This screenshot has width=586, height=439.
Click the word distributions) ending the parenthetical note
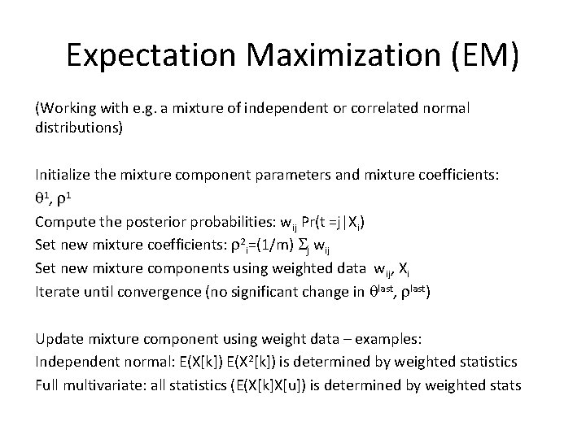coord(78,128)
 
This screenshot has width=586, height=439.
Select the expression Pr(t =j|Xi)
coord(326,221)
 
